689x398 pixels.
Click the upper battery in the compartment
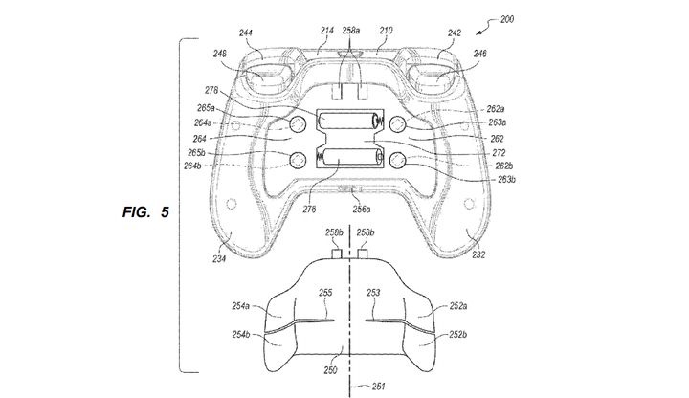point(346,122)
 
